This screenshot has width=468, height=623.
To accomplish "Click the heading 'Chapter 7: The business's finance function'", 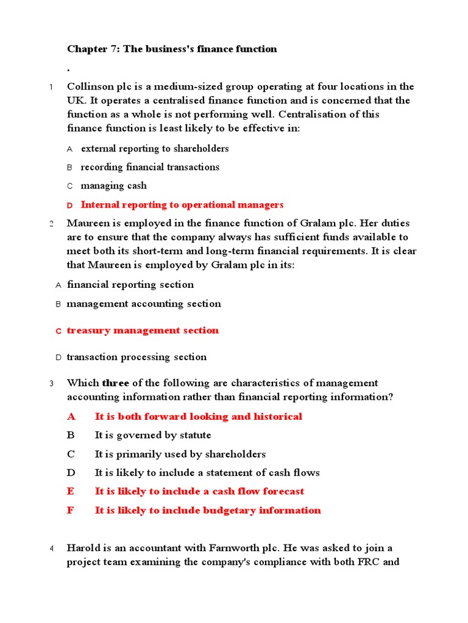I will tap(172, 49).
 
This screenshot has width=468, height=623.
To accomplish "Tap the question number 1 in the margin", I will tap(52, 87).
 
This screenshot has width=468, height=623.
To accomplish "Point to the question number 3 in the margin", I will tap(52, 383).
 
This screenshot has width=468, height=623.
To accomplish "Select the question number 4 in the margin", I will tap(52, 549).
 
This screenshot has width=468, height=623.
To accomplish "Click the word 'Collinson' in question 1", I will tap(90, 86).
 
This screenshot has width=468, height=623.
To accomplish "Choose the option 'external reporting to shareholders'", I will tap(155, 148).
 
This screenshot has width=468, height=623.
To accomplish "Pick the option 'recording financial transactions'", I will tap(150, 167).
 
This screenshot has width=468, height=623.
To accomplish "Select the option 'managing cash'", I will tap(114, 186).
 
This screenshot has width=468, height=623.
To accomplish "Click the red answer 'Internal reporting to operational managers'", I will tap(182, 205).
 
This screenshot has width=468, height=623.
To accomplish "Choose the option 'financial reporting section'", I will tap(130, 285).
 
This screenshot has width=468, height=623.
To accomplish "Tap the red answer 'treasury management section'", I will tap(143, 331).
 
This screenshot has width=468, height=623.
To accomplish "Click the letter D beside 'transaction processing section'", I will tap(58, 358).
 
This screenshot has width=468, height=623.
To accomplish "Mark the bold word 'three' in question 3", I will tap(116, 383).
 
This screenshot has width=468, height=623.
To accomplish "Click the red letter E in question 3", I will tap(71, 492).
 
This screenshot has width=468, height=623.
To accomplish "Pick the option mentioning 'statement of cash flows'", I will tap(207, 473).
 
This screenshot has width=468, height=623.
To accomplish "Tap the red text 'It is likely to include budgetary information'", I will tap(208, 510).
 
